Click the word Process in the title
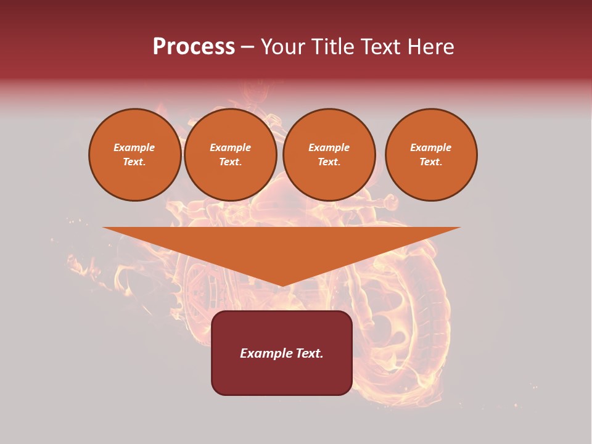[x=194, y=47]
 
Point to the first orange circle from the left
[x=134, y=155]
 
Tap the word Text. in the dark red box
[x=308, y=353]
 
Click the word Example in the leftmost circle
[x=134, y=147]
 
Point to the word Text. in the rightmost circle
[x=431, y=162]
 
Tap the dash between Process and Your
[x=248, y=47]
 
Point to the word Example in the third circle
[x=329, y=147]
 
